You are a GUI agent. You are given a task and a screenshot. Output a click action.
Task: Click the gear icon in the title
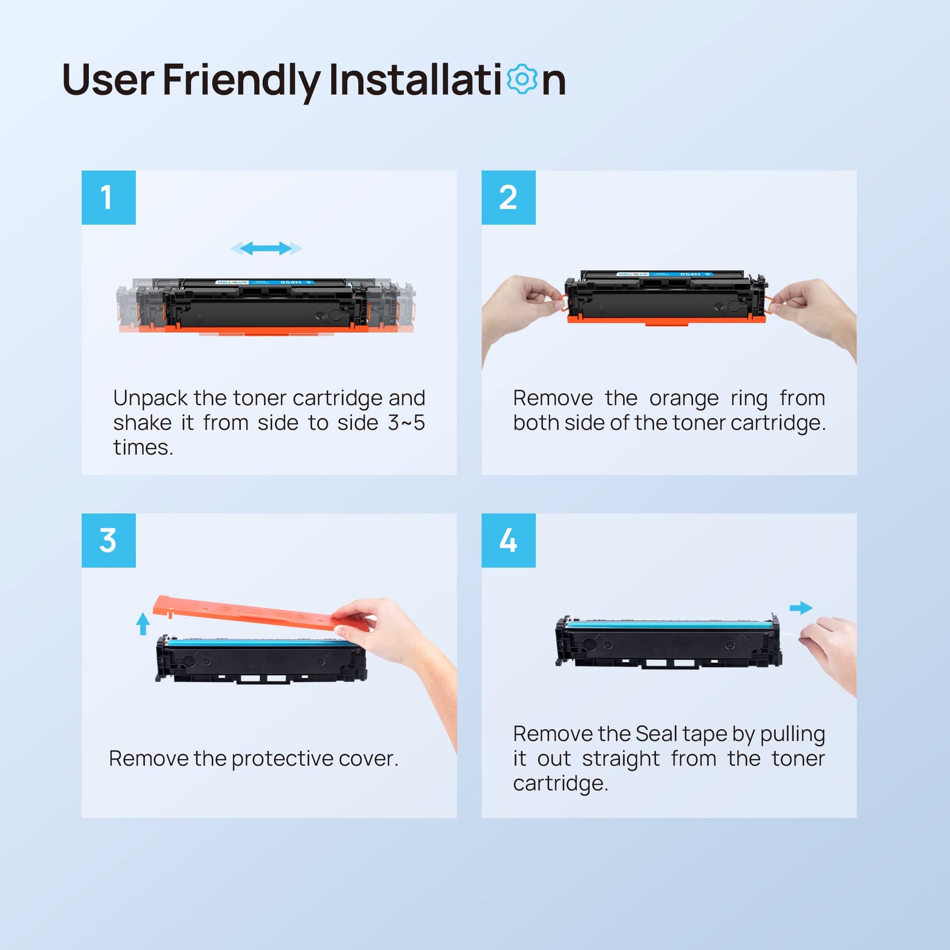[522, 79]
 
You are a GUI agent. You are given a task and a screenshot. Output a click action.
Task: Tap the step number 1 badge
[109, 198]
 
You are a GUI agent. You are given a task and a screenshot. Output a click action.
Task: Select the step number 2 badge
[508, 198]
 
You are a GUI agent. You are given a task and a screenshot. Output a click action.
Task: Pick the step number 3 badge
[109, 540]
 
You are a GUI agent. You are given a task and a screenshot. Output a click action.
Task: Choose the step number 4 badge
[508, 540]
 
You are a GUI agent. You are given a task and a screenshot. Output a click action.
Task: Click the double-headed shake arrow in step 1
[266, 248]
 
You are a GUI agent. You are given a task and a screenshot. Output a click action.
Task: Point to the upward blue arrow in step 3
[143, 623]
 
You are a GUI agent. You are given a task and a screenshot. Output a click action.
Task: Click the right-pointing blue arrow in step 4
[801, 608]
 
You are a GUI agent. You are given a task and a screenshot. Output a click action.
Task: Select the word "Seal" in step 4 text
[657, 734]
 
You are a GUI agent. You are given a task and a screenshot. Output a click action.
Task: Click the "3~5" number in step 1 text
[406, 423]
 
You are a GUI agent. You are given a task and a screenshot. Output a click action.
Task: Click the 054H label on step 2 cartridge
[690, 274]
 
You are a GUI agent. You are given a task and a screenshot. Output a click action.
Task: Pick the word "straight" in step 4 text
[620, 759]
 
